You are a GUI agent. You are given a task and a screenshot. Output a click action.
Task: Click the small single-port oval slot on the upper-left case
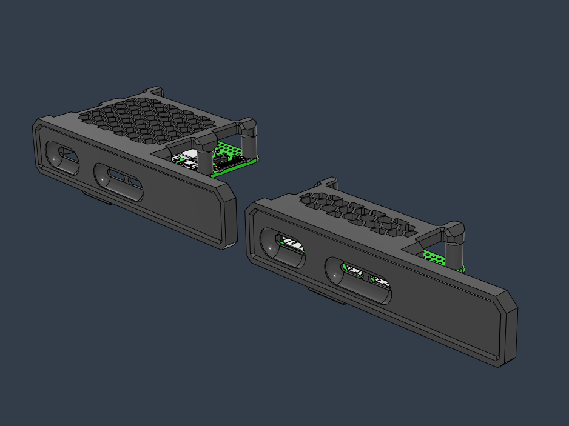[x=61, y=159]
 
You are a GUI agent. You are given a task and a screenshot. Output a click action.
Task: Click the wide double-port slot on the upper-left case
[x=120, y=181]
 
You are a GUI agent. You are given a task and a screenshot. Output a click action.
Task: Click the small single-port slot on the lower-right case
[x=283, y=248]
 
